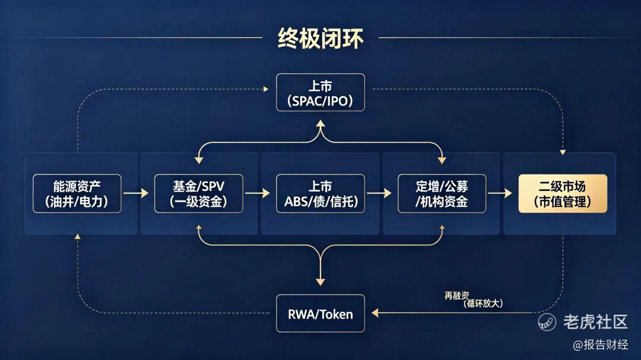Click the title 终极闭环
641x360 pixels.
click(320, 38)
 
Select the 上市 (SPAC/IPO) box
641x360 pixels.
click(320, 93)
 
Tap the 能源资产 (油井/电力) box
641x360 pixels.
click(77, 193)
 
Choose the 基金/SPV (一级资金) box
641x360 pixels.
click(198, 193)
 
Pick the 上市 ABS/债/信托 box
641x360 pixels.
click(320, 193)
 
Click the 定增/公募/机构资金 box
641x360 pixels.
click(442, 193)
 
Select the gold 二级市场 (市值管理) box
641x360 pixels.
click(563, 193)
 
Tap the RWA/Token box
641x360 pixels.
click(320, 314)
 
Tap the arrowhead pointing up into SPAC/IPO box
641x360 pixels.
click(320, 124)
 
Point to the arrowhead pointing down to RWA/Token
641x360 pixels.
click(320, 281)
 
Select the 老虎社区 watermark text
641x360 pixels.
click(594, 321)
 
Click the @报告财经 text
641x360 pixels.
click(600, 345)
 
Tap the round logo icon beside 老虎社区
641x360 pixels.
click(547, 321)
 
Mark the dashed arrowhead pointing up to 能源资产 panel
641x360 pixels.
click(77, 237)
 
